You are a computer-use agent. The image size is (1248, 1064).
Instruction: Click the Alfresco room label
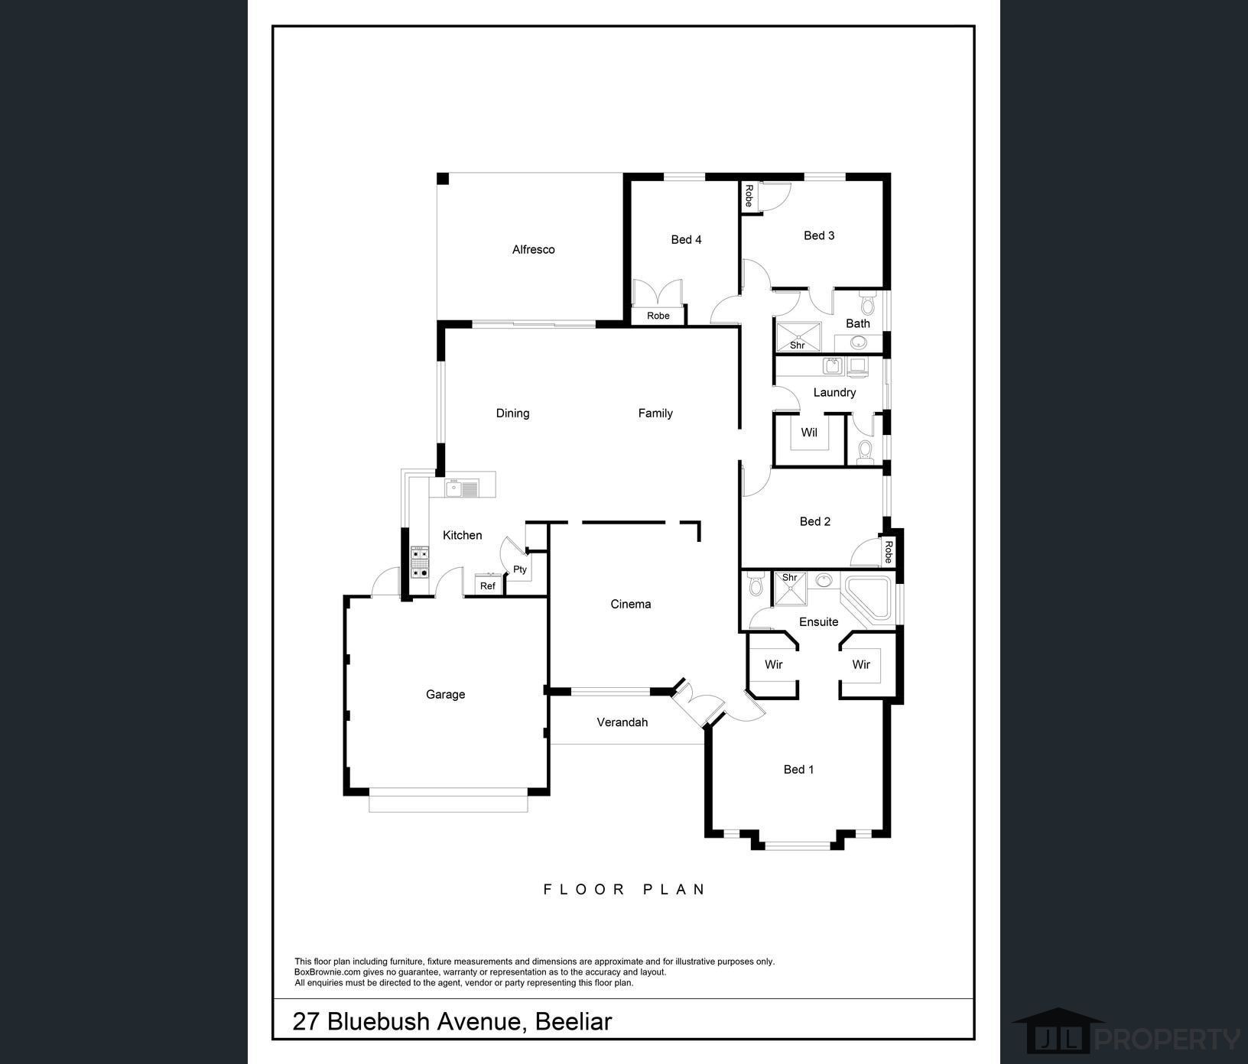533,249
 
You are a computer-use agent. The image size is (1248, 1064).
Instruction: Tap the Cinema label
630,604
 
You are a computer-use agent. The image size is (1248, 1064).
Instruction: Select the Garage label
445,694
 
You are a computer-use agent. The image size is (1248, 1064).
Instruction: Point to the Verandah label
622,722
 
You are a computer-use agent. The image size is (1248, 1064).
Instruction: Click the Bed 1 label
798,769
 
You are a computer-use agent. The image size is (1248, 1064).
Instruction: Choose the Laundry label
834,392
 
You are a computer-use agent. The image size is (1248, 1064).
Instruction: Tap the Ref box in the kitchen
488,586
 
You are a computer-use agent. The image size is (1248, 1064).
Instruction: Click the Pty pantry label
520,569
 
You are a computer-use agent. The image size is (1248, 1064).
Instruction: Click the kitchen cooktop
420,562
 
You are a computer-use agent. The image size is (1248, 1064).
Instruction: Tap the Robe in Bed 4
658,316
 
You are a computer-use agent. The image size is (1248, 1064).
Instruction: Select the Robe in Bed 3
749,196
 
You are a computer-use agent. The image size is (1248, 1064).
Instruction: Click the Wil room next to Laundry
809,433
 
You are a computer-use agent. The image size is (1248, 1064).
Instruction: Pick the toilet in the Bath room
866,305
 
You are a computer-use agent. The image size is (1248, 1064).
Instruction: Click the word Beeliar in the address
574,1021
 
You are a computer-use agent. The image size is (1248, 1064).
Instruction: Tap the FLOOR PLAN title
624,889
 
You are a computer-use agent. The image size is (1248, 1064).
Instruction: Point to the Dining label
512,413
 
